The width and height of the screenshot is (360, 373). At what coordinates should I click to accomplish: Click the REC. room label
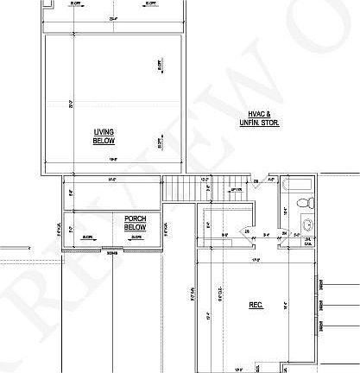256,305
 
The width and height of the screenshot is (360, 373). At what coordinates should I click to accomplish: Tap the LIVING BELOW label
104,136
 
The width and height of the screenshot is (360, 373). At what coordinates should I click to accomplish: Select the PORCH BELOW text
136,222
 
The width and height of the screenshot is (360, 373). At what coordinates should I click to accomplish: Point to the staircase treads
180,186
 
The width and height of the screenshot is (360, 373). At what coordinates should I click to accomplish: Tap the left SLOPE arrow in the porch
88,236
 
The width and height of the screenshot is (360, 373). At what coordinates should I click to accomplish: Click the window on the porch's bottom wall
112,252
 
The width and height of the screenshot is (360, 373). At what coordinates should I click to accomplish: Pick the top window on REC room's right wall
321,285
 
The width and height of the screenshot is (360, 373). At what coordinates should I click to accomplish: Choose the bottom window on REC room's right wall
321,326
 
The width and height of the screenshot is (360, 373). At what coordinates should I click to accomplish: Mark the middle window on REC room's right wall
321,305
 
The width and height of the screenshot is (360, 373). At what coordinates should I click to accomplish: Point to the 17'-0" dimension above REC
256,261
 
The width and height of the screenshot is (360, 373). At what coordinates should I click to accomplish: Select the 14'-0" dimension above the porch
112,180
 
